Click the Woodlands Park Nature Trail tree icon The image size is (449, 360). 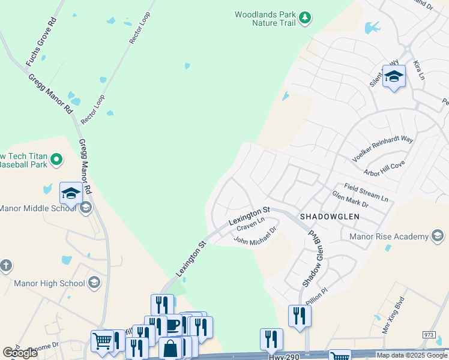[x=305, y=18]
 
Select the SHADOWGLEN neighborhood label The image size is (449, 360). [x=330, y=217]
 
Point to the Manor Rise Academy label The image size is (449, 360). [x=390, y=236]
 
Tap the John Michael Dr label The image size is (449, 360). [x=255, y=236]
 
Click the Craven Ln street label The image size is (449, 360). [x=250, y=225]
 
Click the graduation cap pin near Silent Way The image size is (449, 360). [x=394, y=76]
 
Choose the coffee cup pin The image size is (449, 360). [x=172, y=325]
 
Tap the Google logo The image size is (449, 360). [x=20, y=353]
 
